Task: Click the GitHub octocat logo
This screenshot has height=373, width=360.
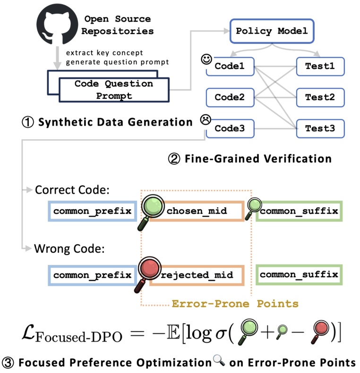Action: point(57,24)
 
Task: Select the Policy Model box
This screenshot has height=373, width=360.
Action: point(272,31)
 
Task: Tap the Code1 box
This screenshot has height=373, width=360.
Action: point(230,67)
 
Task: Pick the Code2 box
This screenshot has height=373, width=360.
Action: point(230,98)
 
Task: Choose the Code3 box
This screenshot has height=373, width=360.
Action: point(230,129)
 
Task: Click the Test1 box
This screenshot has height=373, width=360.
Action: point(320,67)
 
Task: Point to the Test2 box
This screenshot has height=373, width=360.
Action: point(320,98)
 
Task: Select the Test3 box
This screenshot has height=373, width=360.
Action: point(320,129)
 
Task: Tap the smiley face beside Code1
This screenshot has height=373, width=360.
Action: point(206,59)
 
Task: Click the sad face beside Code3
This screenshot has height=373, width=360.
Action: point(206,119)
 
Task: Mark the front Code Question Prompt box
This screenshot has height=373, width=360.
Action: point(114,90)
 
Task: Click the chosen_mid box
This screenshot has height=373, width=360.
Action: point(197,211)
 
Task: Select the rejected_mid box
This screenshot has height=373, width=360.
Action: point(197,275)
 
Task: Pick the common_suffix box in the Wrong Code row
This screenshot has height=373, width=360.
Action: point(299,275)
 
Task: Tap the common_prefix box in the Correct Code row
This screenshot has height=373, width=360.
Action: point(93,211)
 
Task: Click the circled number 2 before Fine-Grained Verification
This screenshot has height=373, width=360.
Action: point(174,159)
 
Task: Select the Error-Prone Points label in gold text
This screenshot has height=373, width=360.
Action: point(235,304)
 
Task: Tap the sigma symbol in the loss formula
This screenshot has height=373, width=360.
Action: point(221,334)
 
